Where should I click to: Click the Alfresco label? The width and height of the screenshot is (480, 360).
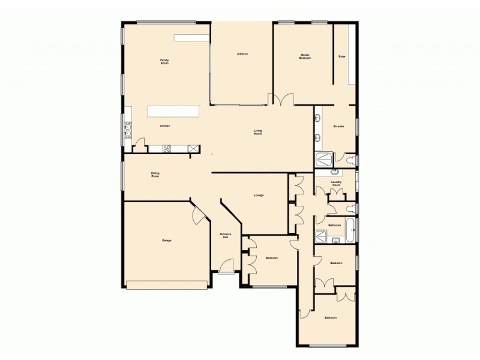coord(242,54)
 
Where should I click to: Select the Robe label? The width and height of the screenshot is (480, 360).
coord(341,56)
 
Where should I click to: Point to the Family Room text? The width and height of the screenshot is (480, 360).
coord(164,61)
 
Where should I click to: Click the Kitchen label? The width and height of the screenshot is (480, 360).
coord(165,126)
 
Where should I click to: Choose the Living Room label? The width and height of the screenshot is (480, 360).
coord(258,133)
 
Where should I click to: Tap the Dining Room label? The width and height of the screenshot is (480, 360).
coord(155,175)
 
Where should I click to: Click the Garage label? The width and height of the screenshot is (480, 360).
coord(167,241)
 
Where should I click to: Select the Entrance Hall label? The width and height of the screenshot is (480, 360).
coord(225,236)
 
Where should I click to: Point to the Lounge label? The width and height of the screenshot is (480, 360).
coord(259,195)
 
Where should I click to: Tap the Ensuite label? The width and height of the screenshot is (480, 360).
coord(338,127)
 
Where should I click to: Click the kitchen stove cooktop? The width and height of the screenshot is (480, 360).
coord(167,148)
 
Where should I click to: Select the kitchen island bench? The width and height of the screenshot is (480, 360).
coord(174,112)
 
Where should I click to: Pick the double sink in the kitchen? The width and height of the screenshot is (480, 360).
coord(128,130)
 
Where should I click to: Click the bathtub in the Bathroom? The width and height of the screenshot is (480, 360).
coord(351,226)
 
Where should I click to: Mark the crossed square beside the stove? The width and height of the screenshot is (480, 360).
coord(193,148)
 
